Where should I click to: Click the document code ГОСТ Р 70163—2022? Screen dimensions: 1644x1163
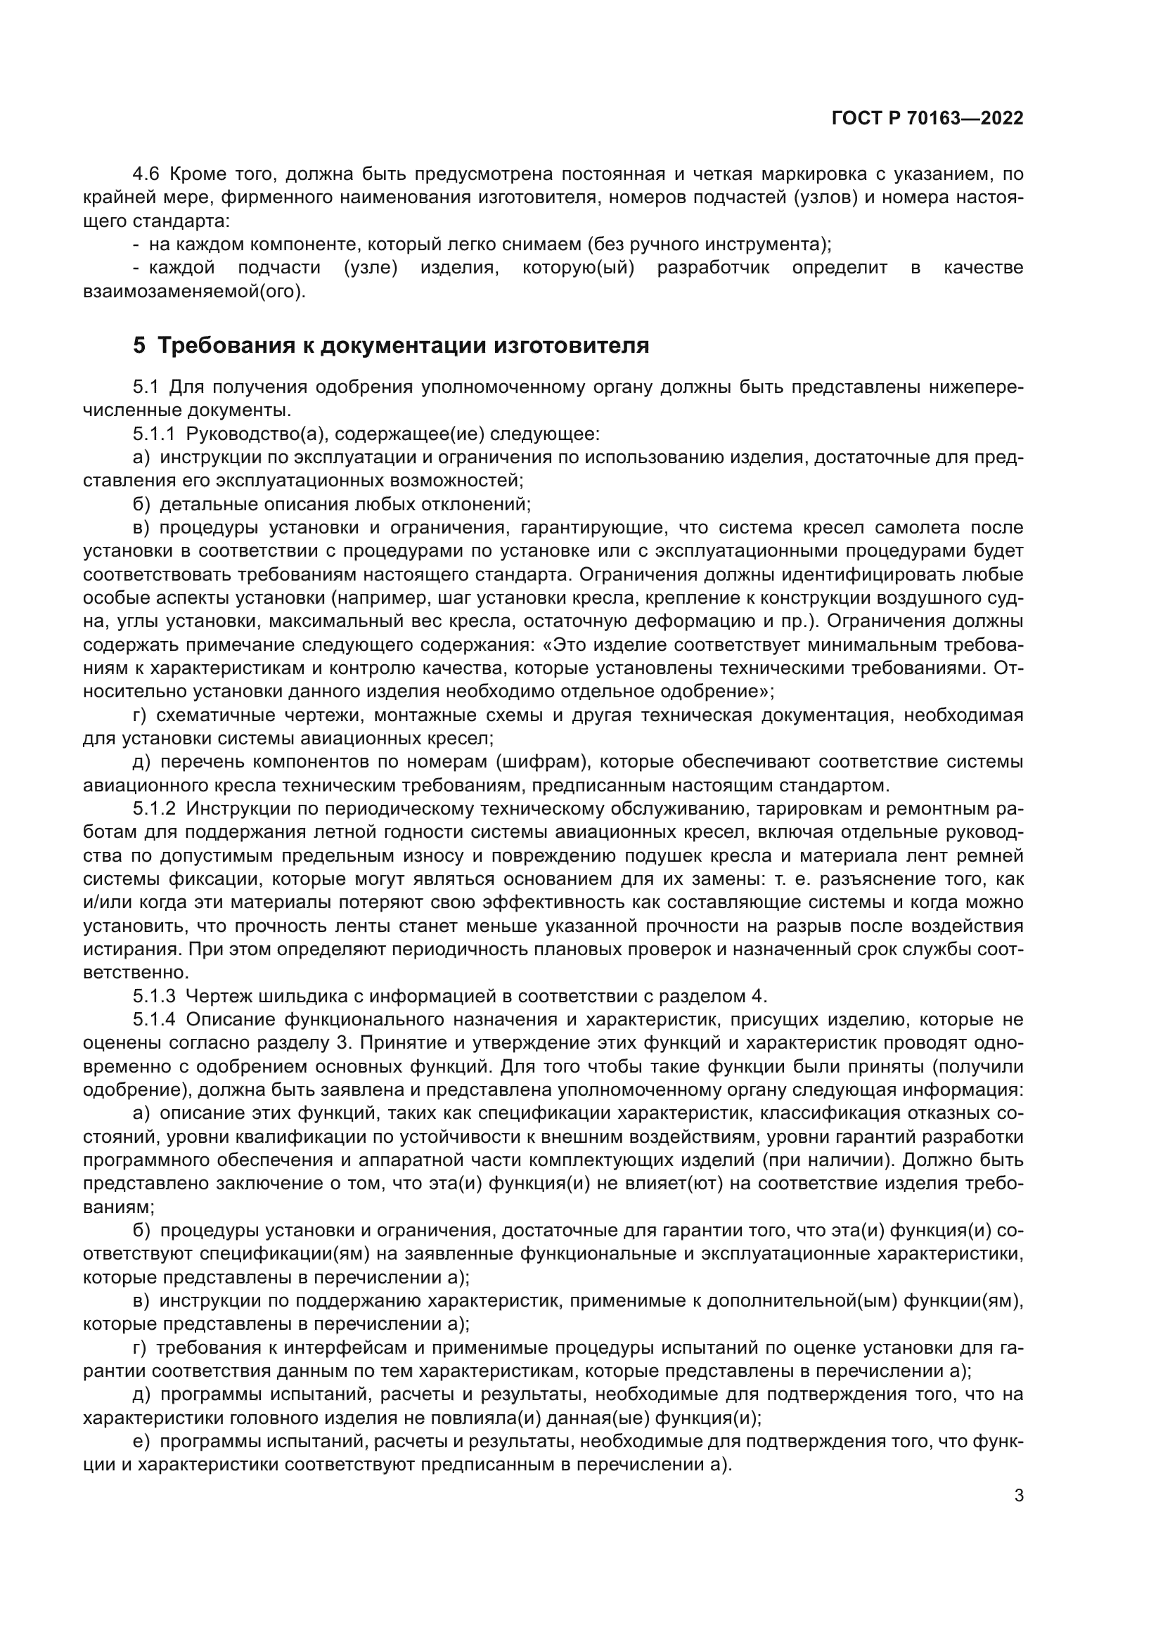927,119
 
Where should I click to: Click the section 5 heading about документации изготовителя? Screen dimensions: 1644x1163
391,346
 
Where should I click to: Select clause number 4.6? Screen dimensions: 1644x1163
147,174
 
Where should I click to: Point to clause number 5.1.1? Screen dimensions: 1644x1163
153,434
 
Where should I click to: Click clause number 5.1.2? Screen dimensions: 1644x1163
153,809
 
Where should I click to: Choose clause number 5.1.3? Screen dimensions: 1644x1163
153,996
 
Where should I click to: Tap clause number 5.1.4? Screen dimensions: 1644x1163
153,1020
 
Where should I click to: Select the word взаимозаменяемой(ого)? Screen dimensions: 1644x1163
194,292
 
